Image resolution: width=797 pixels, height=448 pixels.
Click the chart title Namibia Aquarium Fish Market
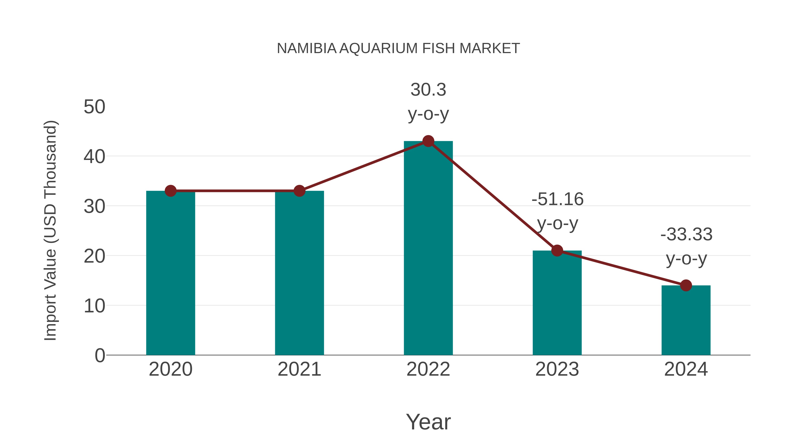point(398,48)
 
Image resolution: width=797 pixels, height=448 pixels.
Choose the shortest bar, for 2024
point(686,321)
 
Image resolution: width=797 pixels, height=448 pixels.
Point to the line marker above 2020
point(170,191)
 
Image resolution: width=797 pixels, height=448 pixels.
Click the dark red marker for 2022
point(428,141)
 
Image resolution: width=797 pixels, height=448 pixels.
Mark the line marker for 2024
point(686,285)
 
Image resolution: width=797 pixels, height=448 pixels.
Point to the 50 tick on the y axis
point(94,107)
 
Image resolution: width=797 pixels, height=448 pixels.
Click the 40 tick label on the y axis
point(94,157)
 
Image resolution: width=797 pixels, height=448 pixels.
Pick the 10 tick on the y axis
point(94,306)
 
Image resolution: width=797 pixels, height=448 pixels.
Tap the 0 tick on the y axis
point(100,356)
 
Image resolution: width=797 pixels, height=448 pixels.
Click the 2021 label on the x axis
point(299,369)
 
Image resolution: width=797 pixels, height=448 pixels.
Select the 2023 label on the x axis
point(557,369)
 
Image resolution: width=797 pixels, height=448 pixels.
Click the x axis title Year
point(428,422)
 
